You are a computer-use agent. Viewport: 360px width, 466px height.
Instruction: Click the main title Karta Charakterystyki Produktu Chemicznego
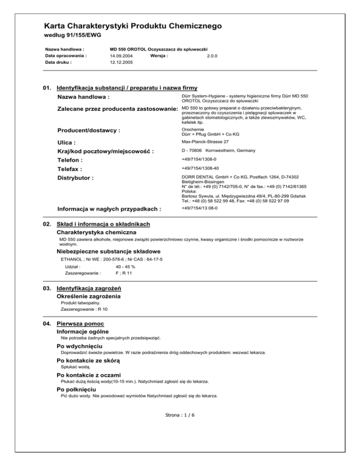click(133, 26)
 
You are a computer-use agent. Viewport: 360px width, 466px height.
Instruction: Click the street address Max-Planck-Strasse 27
click(205, 141)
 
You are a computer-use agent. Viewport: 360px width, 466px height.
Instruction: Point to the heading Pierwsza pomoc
click(80, 323)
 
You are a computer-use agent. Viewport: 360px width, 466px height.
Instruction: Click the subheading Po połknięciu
click(76, 389)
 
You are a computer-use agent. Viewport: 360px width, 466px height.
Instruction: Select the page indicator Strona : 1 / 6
click(180, 415)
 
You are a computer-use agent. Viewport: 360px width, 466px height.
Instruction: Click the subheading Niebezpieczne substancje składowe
click(109, 251)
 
